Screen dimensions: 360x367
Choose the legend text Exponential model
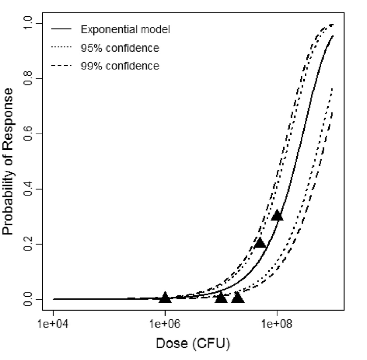tap(125, 30)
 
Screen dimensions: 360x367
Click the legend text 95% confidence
tap(119, 48)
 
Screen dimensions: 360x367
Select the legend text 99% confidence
tap(119, 66)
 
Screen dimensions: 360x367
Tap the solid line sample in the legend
tap(61, 30)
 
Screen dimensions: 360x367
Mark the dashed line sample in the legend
tap(61, 66)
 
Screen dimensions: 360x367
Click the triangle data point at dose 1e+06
tap(165, 297)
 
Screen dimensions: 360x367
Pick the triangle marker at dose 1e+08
tap(277, 215)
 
